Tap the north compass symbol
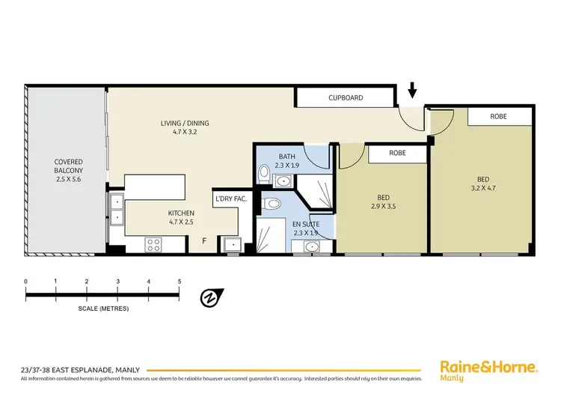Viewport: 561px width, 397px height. (210, 298)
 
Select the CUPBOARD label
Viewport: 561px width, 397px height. (346, 97)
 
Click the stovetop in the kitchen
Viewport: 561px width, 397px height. (153, 243)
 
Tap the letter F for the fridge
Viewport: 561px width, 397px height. (204, 241)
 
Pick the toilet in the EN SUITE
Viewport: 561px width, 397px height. (274, 204)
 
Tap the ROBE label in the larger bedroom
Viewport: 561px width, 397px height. (499, 117)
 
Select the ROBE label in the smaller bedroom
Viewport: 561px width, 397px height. (397, 152)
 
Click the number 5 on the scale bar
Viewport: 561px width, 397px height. (180, 281)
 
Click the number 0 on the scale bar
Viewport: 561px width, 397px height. (26, 281)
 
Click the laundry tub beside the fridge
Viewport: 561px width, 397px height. (231, 243)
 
